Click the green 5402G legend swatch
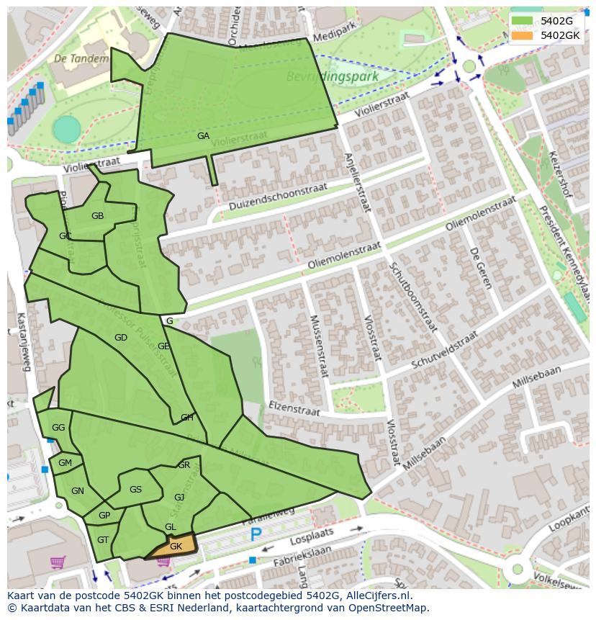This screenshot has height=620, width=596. tap(524, 21)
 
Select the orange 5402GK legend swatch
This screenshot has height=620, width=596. tap(524, 35)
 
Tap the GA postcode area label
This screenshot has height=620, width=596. tap(204, 135)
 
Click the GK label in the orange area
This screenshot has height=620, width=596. tap(176, 547)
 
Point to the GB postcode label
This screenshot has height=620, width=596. tap(97, 215)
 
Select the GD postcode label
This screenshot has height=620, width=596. tap(120, 337)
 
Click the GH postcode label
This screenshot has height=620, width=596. tap(186, 417)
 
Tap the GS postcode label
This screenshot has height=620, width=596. tap(135, 490)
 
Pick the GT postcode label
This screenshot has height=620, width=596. tap(103, 540)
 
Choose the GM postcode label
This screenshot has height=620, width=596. tap(65, 463)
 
